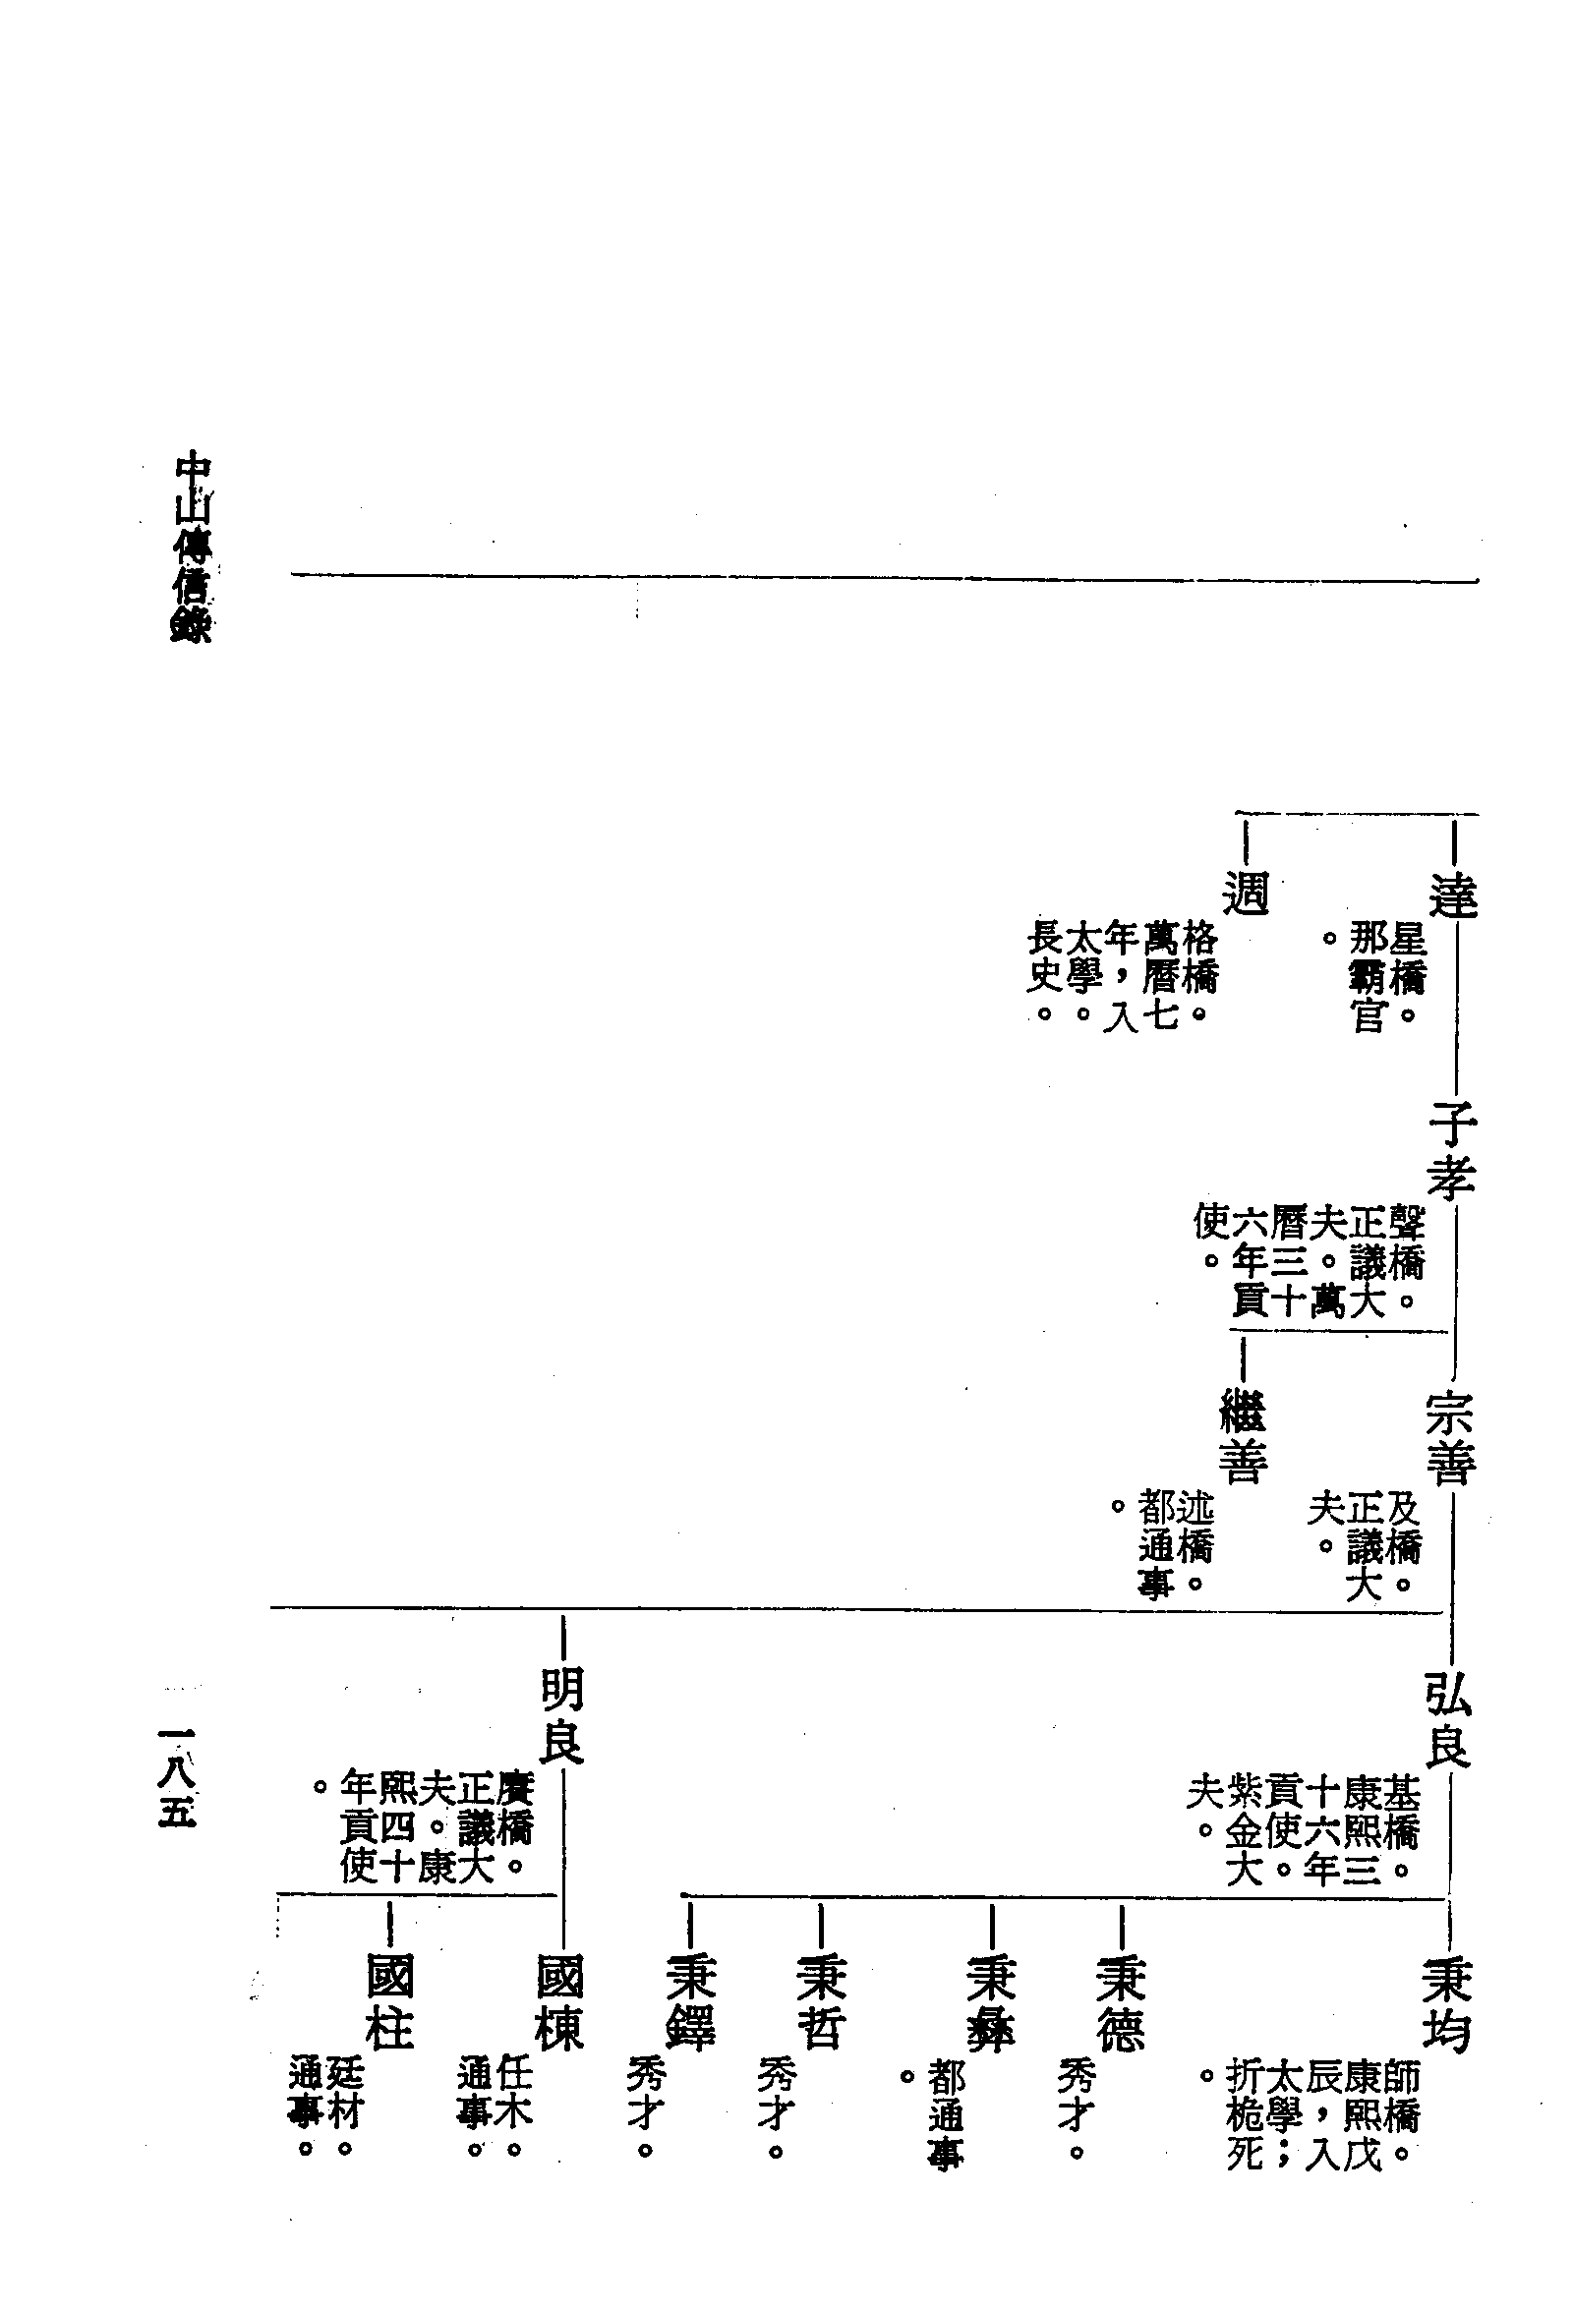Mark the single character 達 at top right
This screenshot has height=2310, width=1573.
pyautogui.click(x=1453, y=895)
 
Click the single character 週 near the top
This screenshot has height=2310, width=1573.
pyautogui.click(x=1246, y=892)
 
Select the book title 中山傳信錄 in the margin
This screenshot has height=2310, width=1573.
pyautogui.click(x=192, y=548)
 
